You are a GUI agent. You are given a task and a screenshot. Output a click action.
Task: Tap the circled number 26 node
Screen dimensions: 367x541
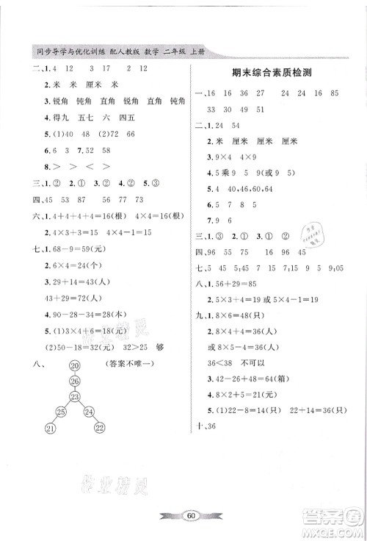tap(74, 380)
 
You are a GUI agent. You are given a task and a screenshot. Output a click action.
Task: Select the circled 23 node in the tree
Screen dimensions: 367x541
tap(74, 395)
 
